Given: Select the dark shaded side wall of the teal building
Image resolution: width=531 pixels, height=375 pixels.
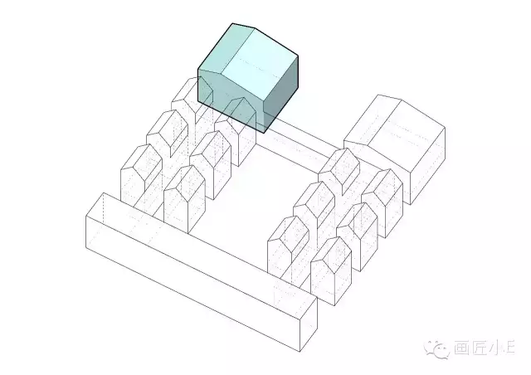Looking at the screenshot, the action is (x=281, y=95).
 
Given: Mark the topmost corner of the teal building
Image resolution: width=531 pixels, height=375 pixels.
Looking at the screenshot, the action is (x=232, y=23).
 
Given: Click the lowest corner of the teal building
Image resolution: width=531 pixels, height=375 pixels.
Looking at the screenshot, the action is (x=264, y=133).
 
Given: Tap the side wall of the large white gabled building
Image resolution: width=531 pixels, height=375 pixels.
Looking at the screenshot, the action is (x=427, y=166).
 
